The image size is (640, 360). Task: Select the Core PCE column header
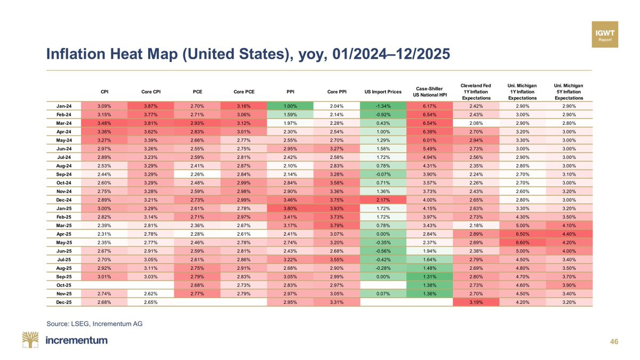pyautogui.click(x=244, y=92)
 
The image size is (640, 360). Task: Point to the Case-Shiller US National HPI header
pyautogui.click(x=430, y=91)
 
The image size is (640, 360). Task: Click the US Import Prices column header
pyautogui.click(x=382, y=92)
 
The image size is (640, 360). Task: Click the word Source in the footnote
pyautogui.click(x=59, y=323)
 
